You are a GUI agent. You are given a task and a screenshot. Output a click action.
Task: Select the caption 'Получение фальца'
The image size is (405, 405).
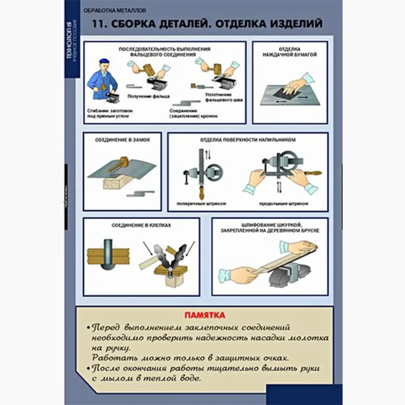click(148, 96)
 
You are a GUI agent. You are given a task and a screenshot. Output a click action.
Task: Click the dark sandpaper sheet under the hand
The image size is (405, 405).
click(285, 92)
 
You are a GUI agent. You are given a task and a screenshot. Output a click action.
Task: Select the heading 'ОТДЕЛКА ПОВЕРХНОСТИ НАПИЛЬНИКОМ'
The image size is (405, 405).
click(247, 140)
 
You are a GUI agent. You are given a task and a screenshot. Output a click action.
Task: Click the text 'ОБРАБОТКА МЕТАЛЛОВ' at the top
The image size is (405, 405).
click(114, 10)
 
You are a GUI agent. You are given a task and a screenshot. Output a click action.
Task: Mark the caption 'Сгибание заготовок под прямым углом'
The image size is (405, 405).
click(109, 113)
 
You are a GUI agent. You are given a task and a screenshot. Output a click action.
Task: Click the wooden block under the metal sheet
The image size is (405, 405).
click(115, 183)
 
